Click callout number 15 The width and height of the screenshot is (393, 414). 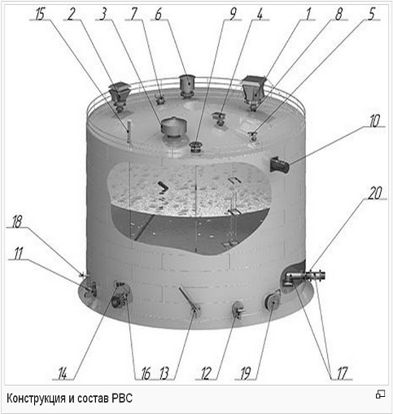pos(40,14)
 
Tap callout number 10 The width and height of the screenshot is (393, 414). pos(375,120)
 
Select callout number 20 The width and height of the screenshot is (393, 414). pos(375,194)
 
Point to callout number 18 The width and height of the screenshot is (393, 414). pos(17,222)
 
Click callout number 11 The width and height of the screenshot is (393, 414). pos(19,254)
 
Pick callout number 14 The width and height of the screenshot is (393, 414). pos(63,374)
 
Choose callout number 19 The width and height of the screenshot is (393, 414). pos(246,373)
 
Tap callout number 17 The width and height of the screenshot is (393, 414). pos(342,373)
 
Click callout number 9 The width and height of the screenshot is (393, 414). pos(233,14)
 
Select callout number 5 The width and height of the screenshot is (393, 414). pos(372,14)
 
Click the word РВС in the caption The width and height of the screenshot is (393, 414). pos(122,399)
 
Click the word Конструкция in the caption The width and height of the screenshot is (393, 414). pos(37,399)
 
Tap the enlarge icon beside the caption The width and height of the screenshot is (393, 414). pos(380,394)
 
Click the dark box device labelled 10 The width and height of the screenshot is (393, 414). pos(280,164)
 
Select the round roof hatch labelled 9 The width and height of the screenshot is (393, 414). pos(195,146)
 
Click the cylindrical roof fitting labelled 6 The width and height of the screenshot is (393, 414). pos(187,85)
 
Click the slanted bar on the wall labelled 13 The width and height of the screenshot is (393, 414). pos(189,299)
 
